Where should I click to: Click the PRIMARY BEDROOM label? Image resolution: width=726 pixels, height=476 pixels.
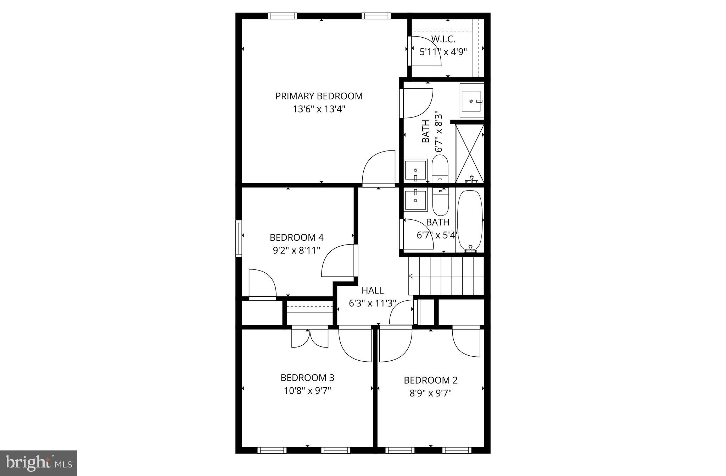tap(319, 96)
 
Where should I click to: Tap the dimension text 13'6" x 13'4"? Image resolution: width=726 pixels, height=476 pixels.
tap(319, 109)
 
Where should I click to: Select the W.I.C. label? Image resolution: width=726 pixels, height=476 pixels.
tap(443, 39)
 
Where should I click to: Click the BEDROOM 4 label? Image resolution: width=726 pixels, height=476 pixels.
tap(296, 237)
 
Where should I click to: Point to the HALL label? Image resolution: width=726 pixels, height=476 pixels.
tap(372, 290)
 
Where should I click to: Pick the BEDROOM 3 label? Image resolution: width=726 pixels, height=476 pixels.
tap(307, 377)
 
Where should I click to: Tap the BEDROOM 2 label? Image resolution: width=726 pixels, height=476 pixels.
tap(430, 380)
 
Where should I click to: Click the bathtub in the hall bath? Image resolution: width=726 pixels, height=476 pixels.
tap(470, 221)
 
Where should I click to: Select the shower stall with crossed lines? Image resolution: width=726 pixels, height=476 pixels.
tap(469, 153)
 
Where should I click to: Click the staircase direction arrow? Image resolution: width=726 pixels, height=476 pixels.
tap(411, 276)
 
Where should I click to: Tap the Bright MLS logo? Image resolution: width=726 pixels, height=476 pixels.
tap(39, 463)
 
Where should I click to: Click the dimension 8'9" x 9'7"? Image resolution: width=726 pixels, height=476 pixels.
tap(430, 393)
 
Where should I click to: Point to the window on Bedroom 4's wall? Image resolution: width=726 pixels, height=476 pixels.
tap(239, 238)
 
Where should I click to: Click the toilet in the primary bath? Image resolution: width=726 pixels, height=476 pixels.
tap(440, 169)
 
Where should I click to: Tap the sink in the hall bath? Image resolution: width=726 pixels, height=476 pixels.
tap(415, 200)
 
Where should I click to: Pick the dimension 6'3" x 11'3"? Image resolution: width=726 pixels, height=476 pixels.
tap(372, 303)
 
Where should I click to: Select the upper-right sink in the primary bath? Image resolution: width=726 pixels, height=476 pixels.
tap(471, 101)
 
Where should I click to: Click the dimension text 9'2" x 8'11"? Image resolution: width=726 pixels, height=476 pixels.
tap(296, 250)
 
